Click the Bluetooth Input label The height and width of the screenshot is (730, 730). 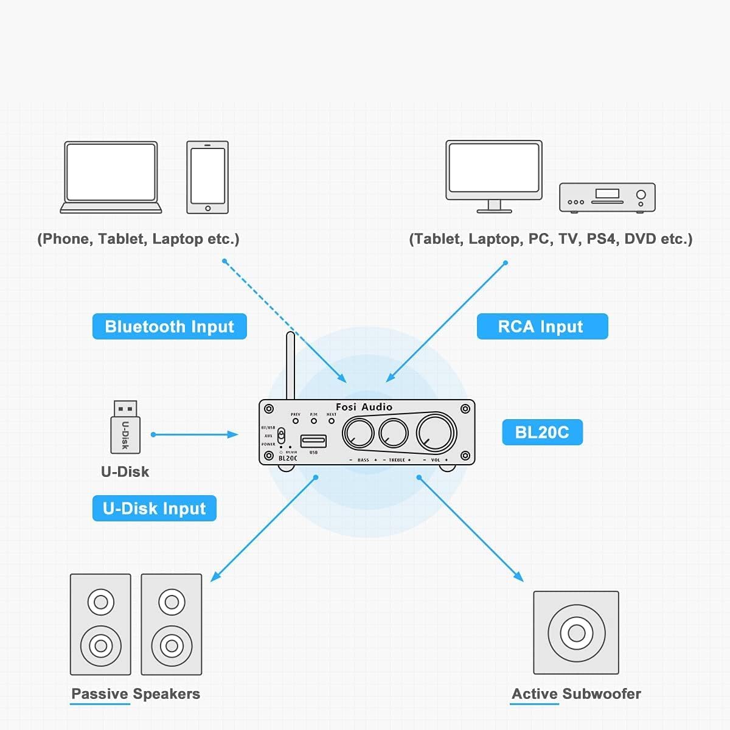pos(169,327)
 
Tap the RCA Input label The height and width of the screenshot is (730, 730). pos(541,327)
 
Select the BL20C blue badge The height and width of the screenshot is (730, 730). pos(541,433)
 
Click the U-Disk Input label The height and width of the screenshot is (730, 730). pos(154,509)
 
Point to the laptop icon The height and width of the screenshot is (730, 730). pos(111,176)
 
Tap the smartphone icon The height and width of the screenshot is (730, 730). pos(207,177)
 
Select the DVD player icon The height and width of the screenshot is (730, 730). pos(607,197)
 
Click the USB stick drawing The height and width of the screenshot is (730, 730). pos(125,427)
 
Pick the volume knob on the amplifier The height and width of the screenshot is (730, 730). pos(436,433)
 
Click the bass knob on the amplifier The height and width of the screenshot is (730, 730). pos(358,433)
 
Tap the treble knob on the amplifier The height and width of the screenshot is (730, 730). pos(393,433)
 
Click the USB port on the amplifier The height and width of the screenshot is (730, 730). pos(313,441)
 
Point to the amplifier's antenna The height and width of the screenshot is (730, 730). pos(290,365)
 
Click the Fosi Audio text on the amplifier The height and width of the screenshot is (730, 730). pos(364,407)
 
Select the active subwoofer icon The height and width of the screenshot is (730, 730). pos(576,633)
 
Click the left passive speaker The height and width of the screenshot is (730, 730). pos(100,624)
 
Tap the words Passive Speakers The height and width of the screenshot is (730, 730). pos(135,694)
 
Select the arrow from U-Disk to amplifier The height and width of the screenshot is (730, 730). pos(195,434)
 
